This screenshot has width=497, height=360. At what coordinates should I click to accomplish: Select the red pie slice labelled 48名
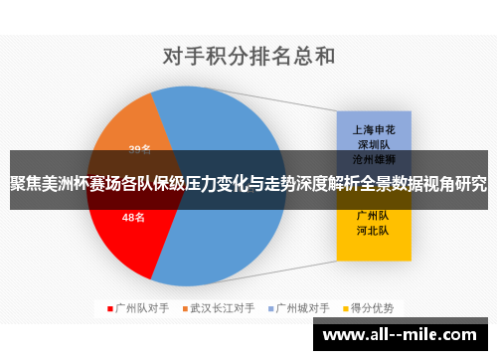124,234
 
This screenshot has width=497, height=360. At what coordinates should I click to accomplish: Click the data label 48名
133,217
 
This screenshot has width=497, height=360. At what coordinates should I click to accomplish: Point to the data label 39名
140,150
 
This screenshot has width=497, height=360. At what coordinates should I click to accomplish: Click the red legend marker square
110,308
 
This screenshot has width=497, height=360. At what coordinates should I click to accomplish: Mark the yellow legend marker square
347,308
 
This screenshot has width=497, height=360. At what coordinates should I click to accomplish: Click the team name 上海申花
374,129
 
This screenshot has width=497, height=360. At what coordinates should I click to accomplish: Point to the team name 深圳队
374,144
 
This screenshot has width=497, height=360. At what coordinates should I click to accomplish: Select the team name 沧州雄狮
374,158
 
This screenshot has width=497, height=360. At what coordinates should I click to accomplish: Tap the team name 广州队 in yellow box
374,215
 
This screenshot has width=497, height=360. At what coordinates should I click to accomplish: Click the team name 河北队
374,230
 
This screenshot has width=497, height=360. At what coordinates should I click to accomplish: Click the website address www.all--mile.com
403,334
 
